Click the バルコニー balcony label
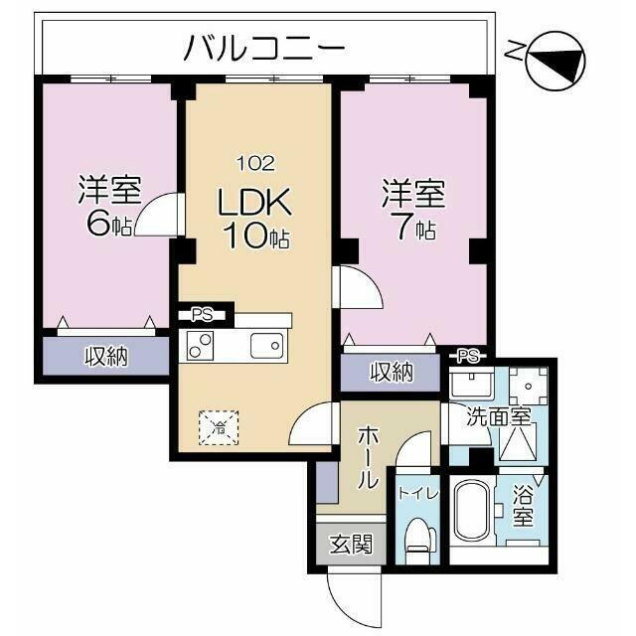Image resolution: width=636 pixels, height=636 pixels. coord(264,48)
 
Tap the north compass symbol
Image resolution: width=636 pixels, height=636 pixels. coord(556,62)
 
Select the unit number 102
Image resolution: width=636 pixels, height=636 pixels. coord(255,163)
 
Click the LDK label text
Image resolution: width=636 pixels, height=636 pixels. coord(254,201)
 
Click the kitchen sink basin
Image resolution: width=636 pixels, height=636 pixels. coord(266,346)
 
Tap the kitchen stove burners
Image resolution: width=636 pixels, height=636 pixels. coord(200,346)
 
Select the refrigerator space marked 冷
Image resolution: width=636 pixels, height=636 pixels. coord(219,428)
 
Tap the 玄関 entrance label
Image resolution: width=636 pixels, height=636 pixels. coord(351,544)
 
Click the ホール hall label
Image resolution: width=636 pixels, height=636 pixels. coord(369,457)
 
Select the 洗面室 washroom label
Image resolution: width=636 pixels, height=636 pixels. coord(499,416)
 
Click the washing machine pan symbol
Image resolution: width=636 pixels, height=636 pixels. coord(528,386)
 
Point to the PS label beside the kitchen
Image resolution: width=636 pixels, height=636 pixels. coord(203,315)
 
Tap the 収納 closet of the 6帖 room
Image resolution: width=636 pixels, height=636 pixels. coord(106,357)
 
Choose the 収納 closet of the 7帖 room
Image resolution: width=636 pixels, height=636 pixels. coord(391,373)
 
